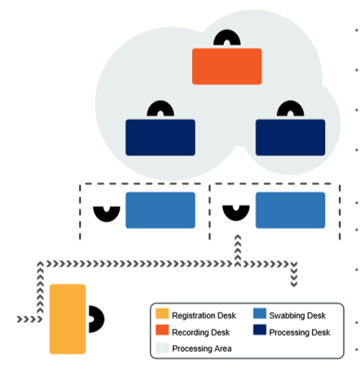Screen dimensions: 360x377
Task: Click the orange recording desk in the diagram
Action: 227,67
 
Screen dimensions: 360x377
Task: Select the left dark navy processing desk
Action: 160,138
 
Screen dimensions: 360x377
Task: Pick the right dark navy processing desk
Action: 290,138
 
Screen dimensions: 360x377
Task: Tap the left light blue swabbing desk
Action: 160,210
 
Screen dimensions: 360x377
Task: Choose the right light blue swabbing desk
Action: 290,210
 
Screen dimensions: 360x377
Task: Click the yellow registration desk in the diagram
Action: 68,319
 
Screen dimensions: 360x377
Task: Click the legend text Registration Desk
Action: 204,315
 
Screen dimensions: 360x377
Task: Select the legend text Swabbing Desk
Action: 297,315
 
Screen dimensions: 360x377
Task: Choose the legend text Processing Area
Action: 202,349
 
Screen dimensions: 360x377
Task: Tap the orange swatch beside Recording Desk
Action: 162,330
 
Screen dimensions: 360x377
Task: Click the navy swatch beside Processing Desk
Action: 260,330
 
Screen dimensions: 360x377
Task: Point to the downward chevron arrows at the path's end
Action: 294,274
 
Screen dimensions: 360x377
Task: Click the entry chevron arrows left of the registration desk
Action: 30,319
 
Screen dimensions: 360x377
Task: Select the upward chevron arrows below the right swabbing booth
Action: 238,251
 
